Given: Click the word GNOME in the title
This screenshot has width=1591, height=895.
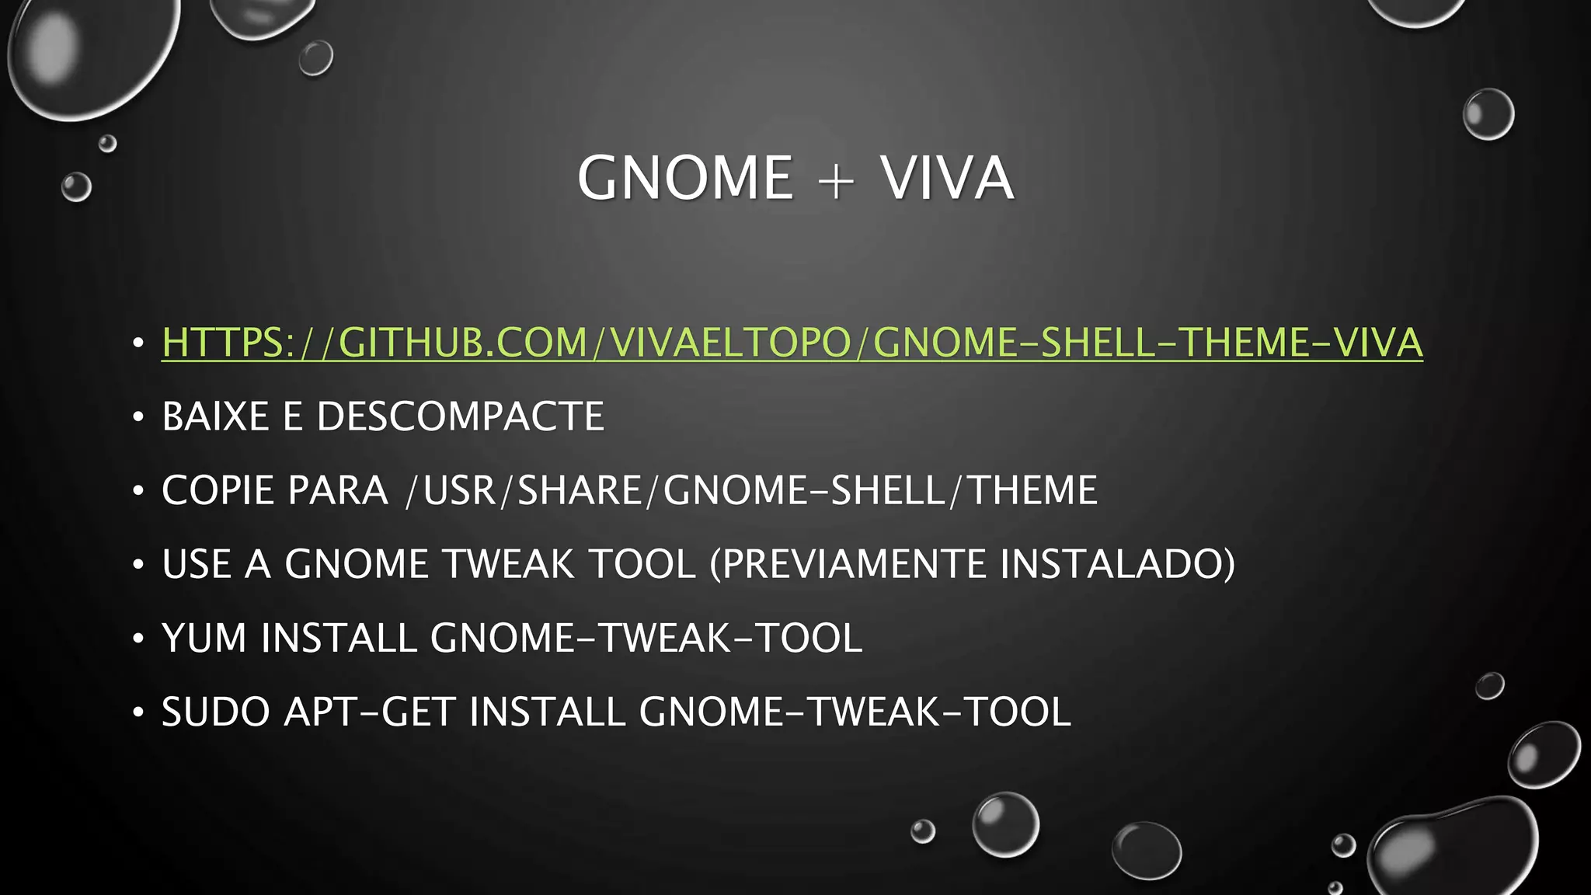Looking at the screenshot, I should pos(684,178).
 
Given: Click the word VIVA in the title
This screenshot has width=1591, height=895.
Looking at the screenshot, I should pos(946,178).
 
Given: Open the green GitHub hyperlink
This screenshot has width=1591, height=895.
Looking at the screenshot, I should pos(792,343).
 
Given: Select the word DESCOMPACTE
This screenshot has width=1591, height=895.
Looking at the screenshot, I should pos(460,416).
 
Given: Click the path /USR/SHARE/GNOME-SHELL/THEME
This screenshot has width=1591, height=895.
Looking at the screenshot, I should pos(752,490).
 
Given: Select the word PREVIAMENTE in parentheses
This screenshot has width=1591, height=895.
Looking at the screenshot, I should pos(851,564).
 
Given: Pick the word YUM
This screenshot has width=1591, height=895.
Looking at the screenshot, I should pos(204,638).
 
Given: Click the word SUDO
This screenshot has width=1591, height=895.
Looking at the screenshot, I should pos(215,712).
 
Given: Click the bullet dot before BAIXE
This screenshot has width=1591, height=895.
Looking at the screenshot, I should pos(138,418).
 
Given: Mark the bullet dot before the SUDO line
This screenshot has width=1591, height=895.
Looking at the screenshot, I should pos(138,712).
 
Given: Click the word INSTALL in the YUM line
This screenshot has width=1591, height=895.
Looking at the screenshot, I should pos(339,638).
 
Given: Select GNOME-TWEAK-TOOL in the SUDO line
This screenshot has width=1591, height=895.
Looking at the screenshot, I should pos(855,712).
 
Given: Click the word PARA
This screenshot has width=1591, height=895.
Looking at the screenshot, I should pos(337,490).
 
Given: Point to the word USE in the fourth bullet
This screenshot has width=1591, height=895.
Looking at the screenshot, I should pos(197,564).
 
